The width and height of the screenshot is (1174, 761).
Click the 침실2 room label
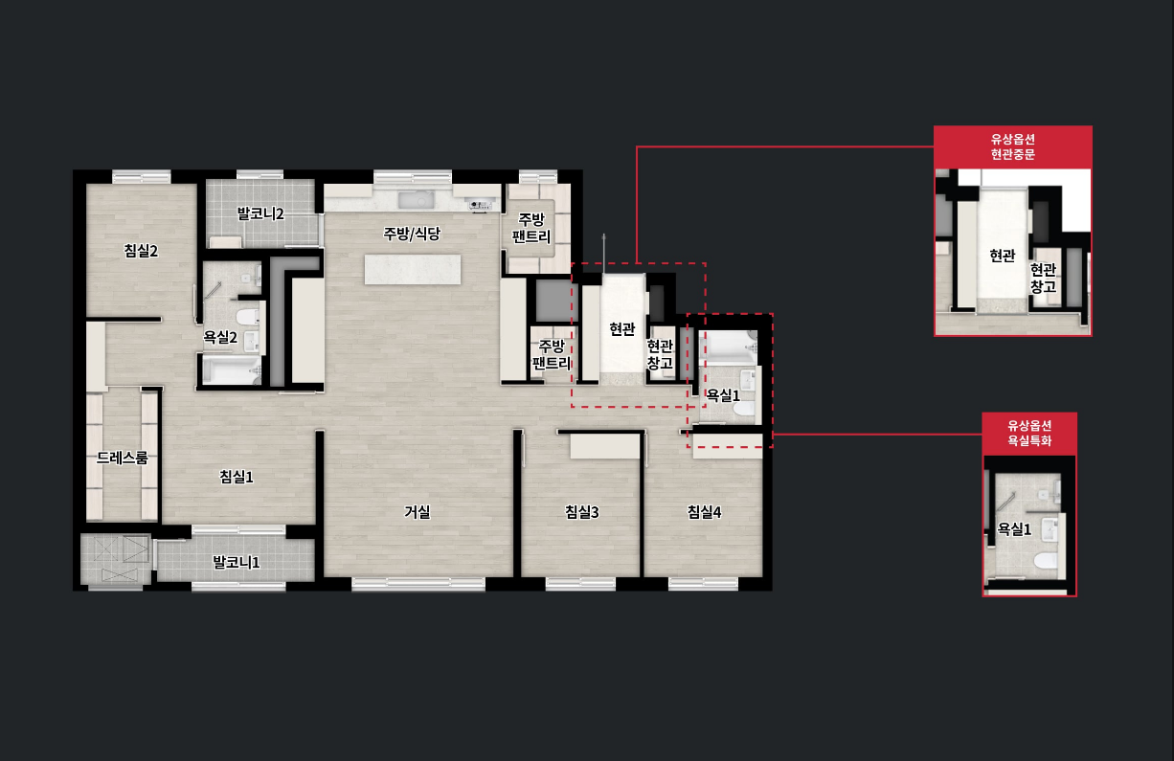point(141,251)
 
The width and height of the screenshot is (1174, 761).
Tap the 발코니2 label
point(260,213)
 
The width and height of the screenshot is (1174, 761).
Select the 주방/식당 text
point(412,234)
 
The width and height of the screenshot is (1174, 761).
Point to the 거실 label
point(418,512)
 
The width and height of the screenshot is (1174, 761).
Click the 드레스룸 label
point(123,458)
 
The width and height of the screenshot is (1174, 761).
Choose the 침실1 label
point(236,477)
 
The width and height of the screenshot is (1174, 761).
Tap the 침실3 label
point(582,512)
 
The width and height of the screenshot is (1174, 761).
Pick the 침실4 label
point(704,512)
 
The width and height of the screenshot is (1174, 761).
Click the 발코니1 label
point(236,563)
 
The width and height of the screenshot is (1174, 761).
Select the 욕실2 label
point(220,337)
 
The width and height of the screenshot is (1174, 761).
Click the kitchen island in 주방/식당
point(413,269)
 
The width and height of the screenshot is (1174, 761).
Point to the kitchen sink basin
point(417,199)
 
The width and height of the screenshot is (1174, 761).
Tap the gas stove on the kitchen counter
point(481,205)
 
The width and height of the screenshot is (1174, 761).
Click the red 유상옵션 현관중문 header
point(1012,147)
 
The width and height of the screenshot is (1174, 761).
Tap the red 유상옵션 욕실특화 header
point(1029,434)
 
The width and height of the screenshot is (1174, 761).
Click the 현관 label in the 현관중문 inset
point(1002,256)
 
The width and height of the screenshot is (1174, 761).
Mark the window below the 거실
point(418,584)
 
